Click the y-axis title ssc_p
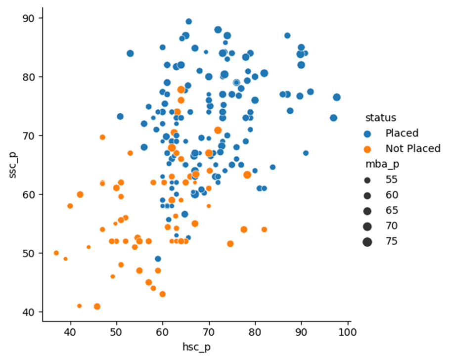click(15, 165)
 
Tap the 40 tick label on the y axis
click(32, 312)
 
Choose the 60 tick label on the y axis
click(32, 194)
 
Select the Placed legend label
click(402, 133)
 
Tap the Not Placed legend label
click(412, 149)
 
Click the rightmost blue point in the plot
click(337, 97)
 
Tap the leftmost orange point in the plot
click(56, 253)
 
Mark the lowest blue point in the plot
click(158, 259)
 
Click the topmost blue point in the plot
click(188, 21)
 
